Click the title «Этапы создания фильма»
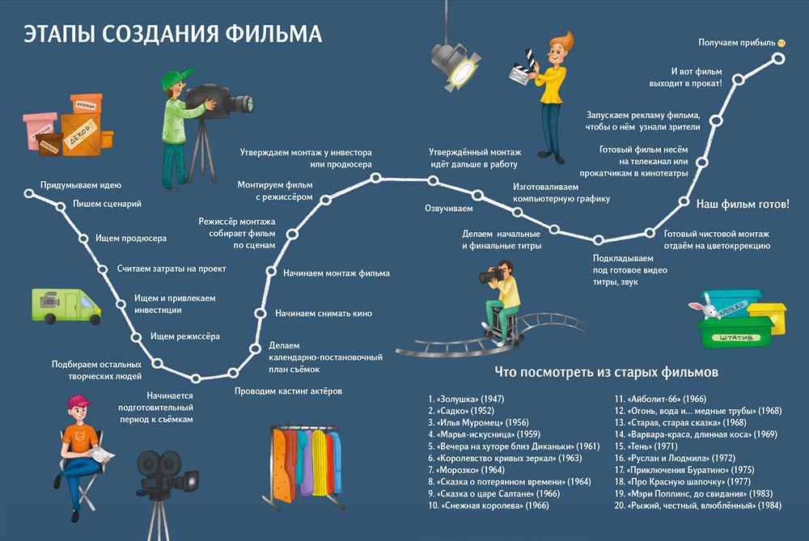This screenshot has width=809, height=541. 172,34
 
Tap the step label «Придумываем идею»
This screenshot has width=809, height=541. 81,184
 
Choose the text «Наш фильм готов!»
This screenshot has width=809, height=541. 743,203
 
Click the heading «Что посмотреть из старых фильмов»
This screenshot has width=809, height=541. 606,373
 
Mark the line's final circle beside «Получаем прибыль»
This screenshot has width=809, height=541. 778,58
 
